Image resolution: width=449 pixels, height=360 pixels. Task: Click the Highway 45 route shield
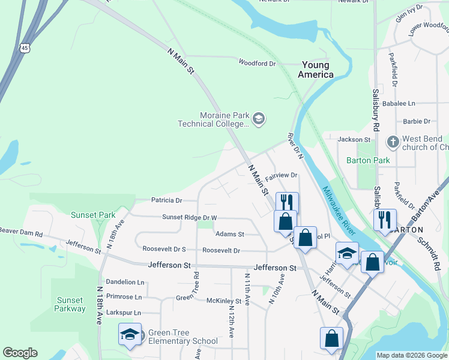pyautogui.click(x=24, y=47)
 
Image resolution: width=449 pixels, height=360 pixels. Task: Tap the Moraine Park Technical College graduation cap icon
pyautogui.click(x=258, y=119)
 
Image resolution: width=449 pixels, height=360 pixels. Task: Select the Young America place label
pyautogui.click(x=316, y=70)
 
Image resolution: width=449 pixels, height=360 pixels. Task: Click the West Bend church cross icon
pyautogui.click(x=393, y=142)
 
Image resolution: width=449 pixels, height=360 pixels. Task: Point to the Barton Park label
pyautogui.click(x=368, y=160)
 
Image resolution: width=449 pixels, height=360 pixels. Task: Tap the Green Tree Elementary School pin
pyautogui.click(x=130, y=337)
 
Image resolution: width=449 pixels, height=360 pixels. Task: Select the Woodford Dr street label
pyautogui.click(x=257, y=62)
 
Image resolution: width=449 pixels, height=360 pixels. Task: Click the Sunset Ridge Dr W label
pyautogui.click(x=189, y=217)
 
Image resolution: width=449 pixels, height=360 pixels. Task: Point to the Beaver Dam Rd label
pyautogui.click(x=22, y=231)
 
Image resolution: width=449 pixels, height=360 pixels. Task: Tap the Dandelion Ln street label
pyautogui.click(x=125, y=281)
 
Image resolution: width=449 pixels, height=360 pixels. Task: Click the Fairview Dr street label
pyautogui.click(x=282, y=175)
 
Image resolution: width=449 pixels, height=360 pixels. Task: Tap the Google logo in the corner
pyautogui.click(x=20, y=353)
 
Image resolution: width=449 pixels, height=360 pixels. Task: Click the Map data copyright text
pyautogui.click(x=411, y=355)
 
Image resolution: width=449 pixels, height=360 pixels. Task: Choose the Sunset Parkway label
pyautogui.click(x=71, y=304)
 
